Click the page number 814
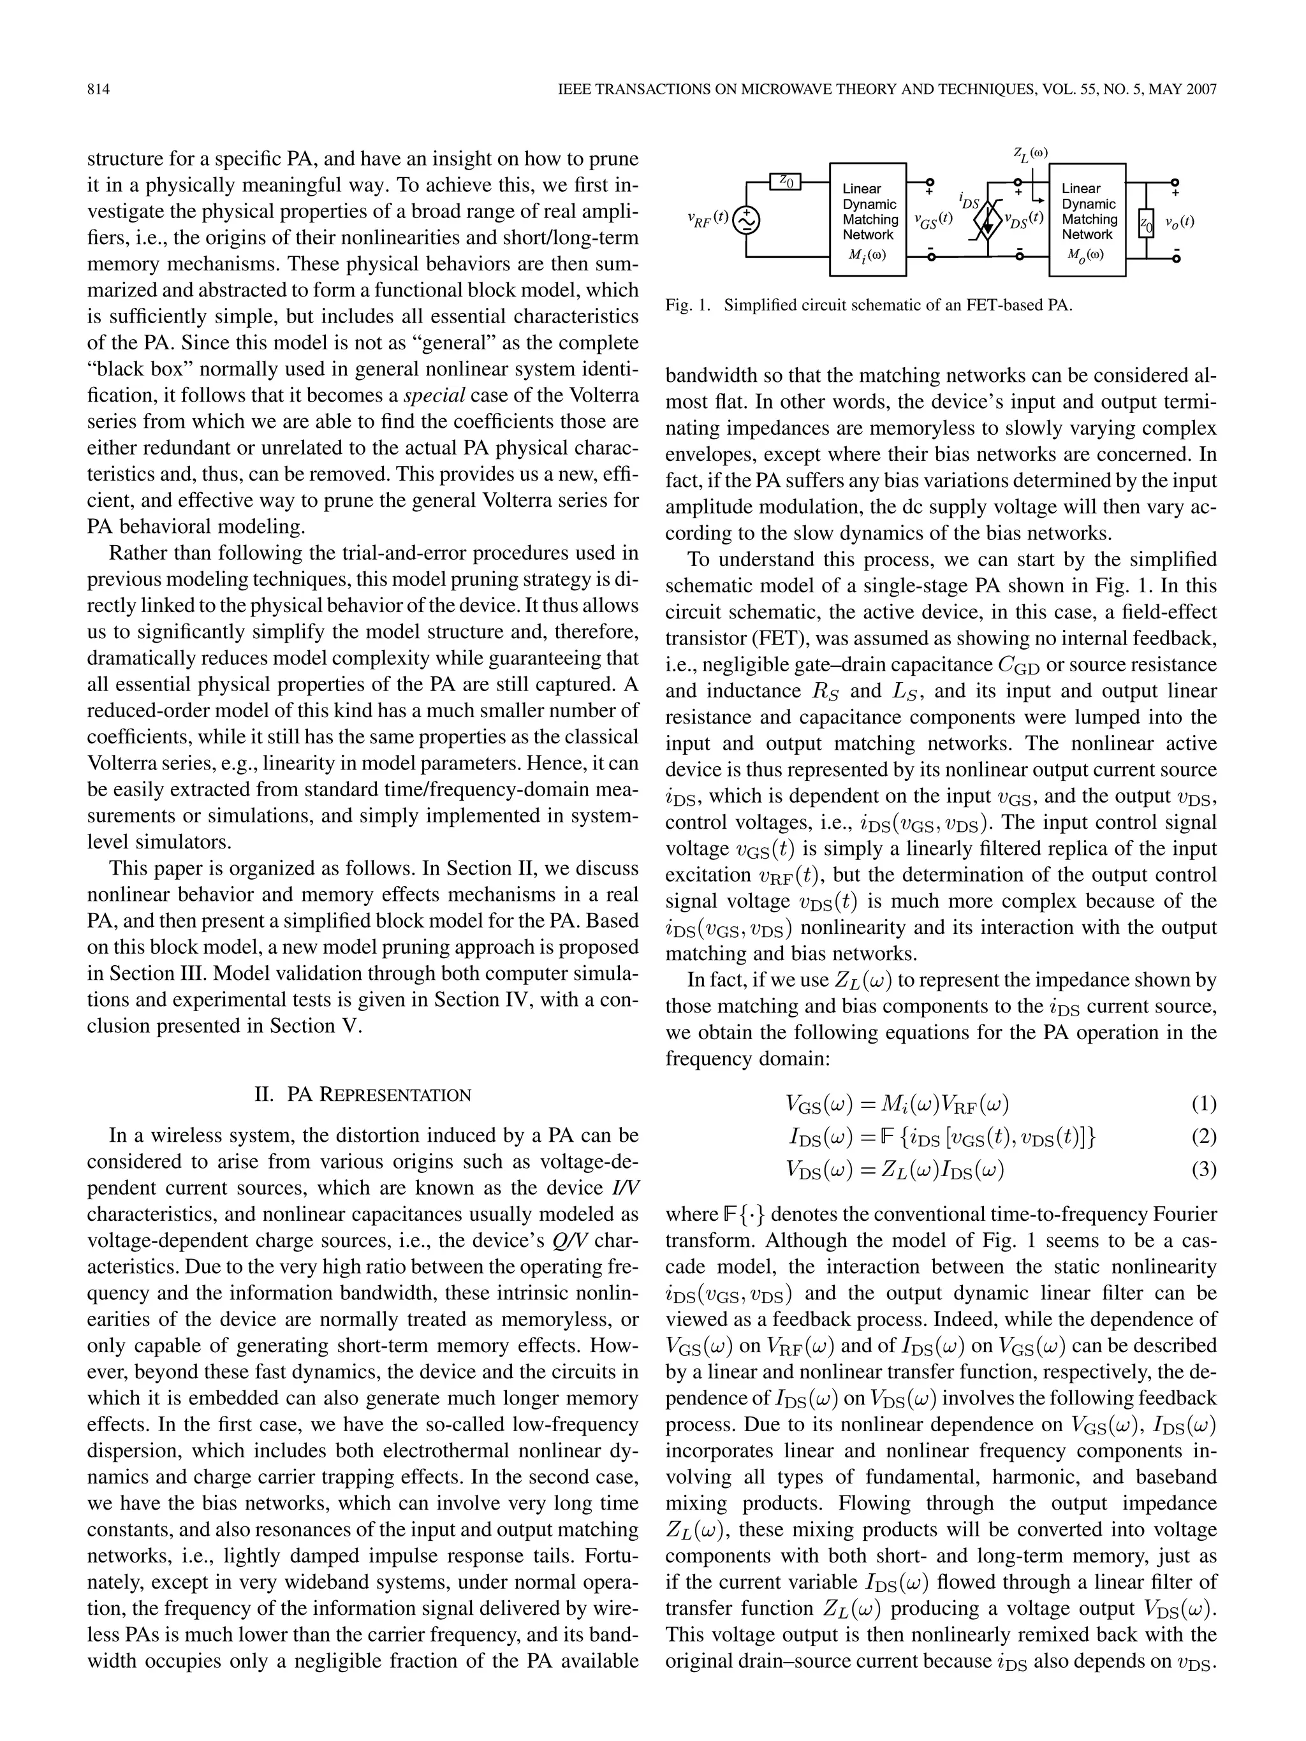click(98, 90)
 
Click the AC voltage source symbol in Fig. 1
click(745, 222)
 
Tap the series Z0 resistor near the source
click(785, 182)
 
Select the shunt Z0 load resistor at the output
click(1146, 226)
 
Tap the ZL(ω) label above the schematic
click(1031, 154)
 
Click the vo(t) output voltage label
click(1179, 222)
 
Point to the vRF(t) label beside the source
click(707, 219)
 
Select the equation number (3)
click(1204, 1170)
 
